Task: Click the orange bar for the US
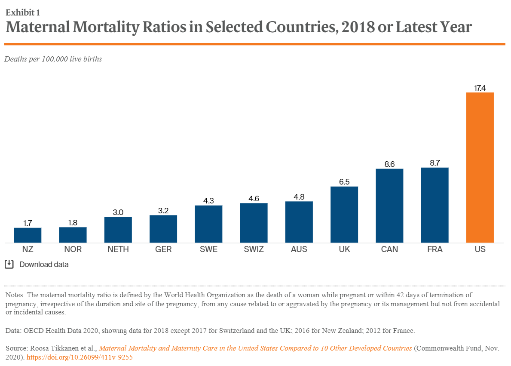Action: (x=480, y=168)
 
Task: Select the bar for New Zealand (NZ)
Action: (x=28, y=235)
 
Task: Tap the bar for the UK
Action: (x=344, y=215)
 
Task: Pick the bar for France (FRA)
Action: (x=435, y=205)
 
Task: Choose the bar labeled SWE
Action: (x=208, y=224)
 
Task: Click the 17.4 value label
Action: (x=480, y=88)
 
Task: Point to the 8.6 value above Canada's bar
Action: (x=389, y=164)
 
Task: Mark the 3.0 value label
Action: (x=118, y=212)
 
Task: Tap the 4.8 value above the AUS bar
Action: (x=299, y=197)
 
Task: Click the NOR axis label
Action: (x=73, y=249)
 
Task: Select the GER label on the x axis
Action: (x=163, y=249)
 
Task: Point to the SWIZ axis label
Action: (x=254, y=249)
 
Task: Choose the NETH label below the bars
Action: (x=118, y=249)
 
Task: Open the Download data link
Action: (x=44, y=265)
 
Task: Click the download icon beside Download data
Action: (x=9, y=265)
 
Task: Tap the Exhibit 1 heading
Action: (x=24, y=12)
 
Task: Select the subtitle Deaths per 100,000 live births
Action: (x=53, y=59)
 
